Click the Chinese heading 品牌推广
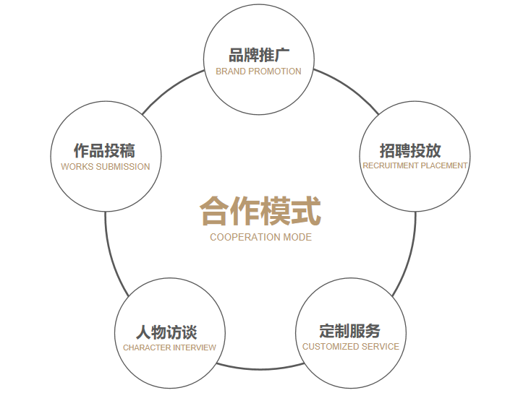(x=259, y=56)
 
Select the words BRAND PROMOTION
(x=258, y=72)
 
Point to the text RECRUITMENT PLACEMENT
(x=415, y=165)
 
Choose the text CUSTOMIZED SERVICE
(x=351, y=347)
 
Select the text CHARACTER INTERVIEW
(x=169, y=347)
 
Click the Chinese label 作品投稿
(x=104, y=150)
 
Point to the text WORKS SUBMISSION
(x=106, y=167)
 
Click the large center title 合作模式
(x=260, y=210)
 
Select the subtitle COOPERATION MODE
(x=260, y=237)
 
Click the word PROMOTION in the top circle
(x=275, y=72)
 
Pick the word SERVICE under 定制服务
(x=381, y=347)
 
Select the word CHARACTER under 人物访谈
(x=145, y=347)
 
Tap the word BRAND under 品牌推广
(x=231, y=72)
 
